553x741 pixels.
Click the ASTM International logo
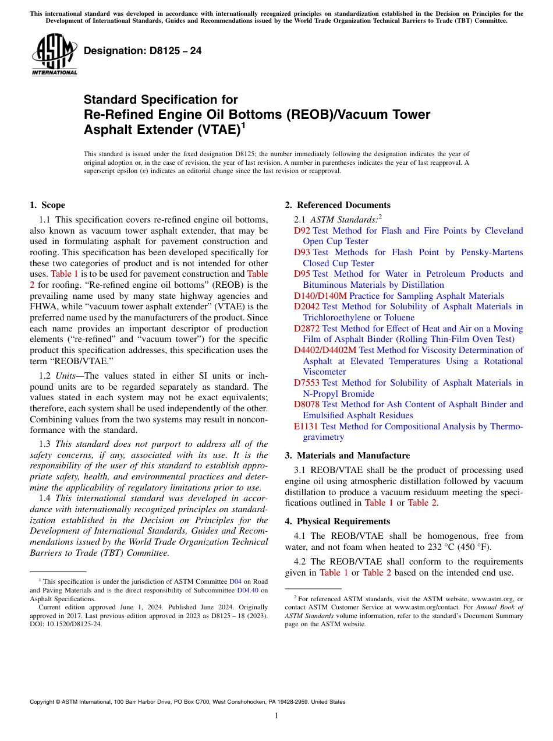[x=54, y=55]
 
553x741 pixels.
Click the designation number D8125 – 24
[x=143, y=51]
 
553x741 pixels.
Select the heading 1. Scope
[x=48, y=205]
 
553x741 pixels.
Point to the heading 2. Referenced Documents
[x=338, y=205]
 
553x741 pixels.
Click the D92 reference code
[x=302, y=231]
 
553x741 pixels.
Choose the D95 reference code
[x=302, y=274]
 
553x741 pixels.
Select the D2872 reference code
[x=307, y=329]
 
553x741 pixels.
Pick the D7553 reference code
[x=307, y=383]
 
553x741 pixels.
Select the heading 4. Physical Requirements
[x=338, y=521]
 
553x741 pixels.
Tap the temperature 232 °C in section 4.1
[x=442, y=547]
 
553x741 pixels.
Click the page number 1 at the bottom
[x=276, y=715]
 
